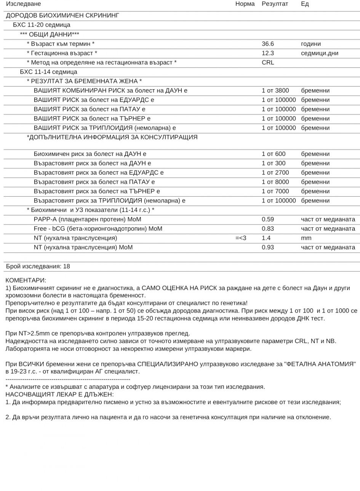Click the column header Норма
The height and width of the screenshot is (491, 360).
point(245,4)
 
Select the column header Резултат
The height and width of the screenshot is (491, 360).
point(275,4)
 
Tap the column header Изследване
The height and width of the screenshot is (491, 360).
point(23,4)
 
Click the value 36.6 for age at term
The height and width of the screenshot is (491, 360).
point(267,44)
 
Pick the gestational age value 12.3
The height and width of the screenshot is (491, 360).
point(267,53)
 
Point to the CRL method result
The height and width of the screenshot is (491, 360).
point(267,63)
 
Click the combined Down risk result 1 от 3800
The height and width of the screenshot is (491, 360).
point(275,91)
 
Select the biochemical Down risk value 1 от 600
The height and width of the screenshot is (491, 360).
point(273,154)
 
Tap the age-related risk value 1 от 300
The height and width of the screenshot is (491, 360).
point(273,164)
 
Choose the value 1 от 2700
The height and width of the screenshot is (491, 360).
point(275,173)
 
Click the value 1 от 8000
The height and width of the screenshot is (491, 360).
point(275,182)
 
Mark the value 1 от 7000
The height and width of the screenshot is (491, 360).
point(275,191)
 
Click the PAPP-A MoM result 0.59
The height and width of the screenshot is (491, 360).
point(267,220)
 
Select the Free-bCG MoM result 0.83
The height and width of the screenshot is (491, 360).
point(267,229)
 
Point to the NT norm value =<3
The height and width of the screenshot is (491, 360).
point(241,238)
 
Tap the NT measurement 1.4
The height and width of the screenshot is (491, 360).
point(266,238)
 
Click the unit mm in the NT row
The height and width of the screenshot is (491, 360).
point(306,238)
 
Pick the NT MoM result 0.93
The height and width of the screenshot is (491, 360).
point(267,247)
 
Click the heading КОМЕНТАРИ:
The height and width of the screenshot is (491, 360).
point(26,281)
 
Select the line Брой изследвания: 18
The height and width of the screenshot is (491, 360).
point(38,266)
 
